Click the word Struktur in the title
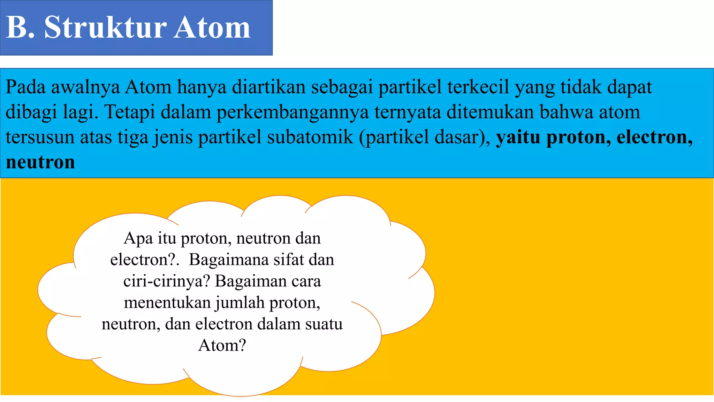tap(105, 27)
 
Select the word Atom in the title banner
tap(212, 27)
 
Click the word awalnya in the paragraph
tap(85, 87)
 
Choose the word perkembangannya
tap(293, 112)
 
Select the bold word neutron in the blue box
tap(40, 162)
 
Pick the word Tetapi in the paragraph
tap(130, 112)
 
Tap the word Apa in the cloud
tap(138, 239)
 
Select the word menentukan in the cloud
tap(167, 303)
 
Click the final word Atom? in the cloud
tap(222, 345)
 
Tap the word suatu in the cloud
tap(324, 324)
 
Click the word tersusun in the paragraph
tap(40, 137)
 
